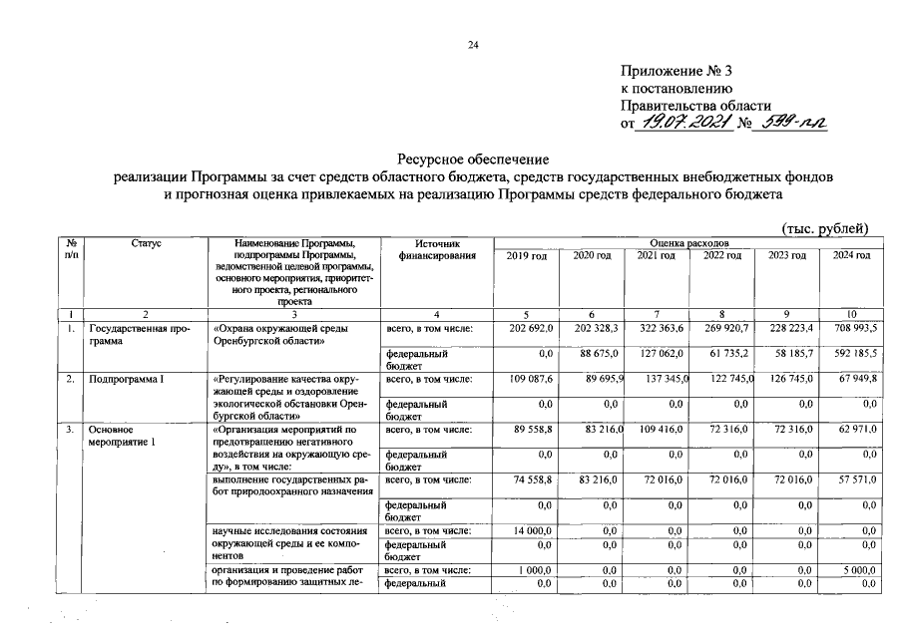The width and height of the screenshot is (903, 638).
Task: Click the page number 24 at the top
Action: click(x=474, y=45)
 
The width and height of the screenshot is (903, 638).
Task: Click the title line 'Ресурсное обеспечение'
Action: click(x=473, y=159)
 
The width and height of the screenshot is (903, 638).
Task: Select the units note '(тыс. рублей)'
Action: click(x=825, y=228)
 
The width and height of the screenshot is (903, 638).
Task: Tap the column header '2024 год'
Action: click(x=850, y=256)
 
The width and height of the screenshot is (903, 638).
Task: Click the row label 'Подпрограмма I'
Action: click(x=123, y=379)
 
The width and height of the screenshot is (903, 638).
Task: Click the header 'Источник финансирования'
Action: click(x=433, y=249)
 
